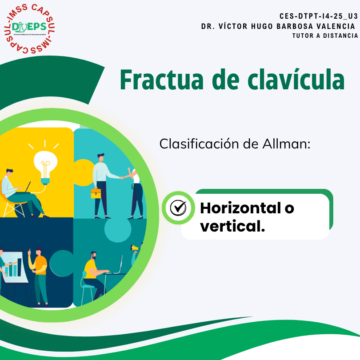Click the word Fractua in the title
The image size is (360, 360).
coord(162,80)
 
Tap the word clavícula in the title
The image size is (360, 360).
coord(296,79)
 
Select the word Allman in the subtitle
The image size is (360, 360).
coord(287,144)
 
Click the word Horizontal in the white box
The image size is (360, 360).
coord(240,208)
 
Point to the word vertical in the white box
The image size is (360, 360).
coord(232,226)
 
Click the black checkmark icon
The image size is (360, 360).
coord(178,208)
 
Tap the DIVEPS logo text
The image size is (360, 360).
coord(29,27)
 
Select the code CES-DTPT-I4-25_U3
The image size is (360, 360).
coord(318,16)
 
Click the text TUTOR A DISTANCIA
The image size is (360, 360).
coord(325,36)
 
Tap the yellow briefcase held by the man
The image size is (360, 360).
coord(96,193)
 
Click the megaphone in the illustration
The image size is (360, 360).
coord(135,248)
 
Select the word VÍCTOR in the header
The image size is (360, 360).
coord(233,26)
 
